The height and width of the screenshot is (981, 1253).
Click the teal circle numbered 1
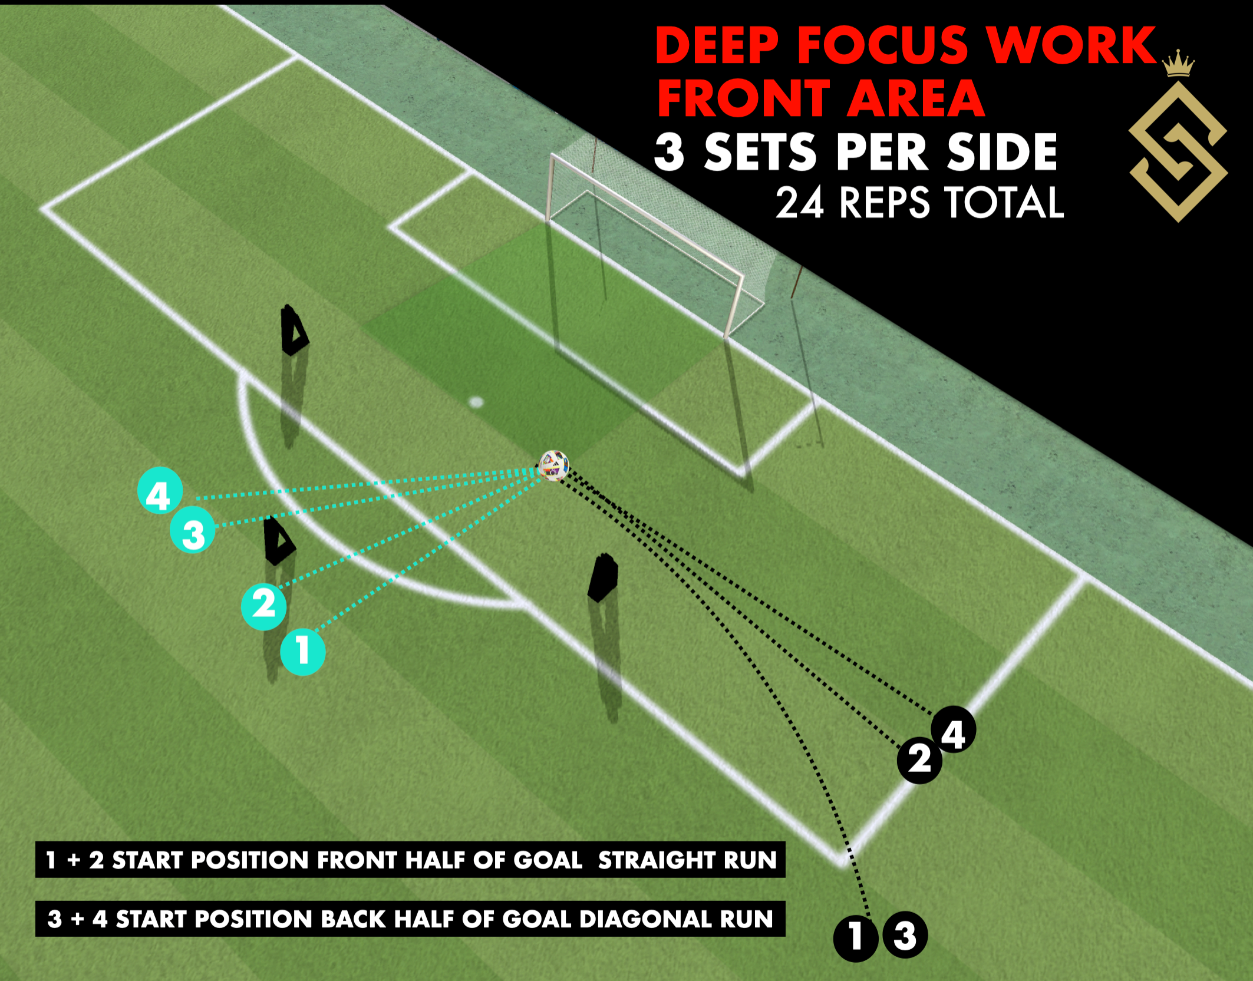(302, 652)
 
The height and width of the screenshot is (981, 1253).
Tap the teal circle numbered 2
(263, 606)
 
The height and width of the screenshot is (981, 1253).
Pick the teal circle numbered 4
(160, 491)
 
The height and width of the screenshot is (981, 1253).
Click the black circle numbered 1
(856, 938)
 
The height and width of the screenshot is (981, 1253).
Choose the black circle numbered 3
(905, 935)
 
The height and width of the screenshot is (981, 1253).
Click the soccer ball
(553, 465)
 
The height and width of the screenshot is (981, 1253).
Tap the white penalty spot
(476, 402)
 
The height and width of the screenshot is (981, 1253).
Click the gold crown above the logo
(1178, 64)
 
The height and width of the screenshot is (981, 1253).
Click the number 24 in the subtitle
(799, 203)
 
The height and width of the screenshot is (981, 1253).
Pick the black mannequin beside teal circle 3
(278, 541)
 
